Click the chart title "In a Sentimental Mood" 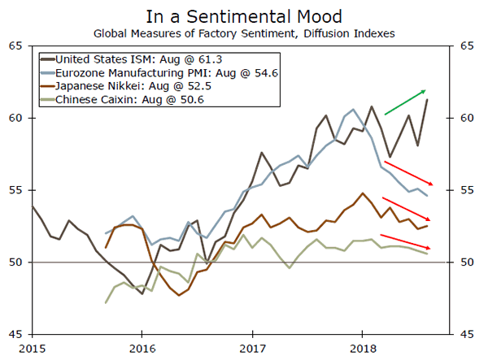tap(243, 16)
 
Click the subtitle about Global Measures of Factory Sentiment tap(243, 34)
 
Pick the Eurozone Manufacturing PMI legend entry tap(152, 72)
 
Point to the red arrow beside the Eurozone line tap(409, 174)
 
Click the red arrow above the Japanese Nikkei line tap(407, 209)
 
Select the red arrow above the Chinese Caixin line tap(407, 242)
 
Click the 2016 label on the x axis tap(142, 349)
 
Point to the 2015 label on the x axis tap(32, 349)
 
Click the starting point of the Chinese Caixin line tap(107, 302)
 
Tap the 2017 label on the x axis tap(253, 349)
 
